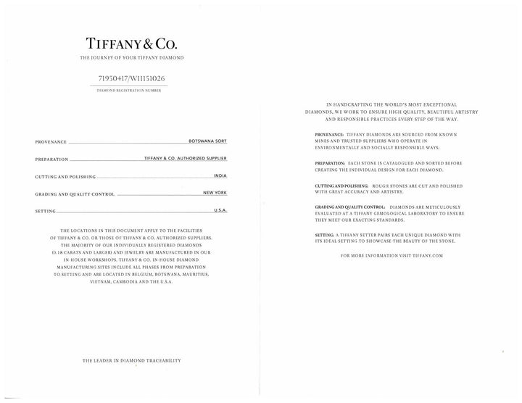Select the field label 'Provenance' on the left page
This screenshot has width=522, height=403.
coord(51,142)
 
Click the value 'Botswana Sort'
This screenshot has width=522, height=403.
coord(207,140)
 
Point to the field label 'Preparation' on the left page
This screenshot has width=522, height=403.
coord(51,159)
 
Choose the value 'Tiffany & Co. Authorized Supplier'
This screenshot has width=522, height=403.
coord(186,157)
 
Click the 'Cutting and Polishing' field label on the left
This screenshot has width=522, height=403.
coord(65,177)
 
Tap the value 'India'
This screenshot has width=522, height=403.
coord(220,175)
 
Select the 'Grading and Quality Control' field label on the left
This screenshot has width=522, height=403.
coord(74,194)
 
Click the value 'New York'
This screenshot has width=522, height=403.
coord(215,193)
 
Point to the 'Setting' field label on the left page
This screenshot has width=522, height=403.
coord(45,211)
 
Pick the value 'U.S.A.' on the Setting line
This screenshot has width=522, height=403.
coord(220,209)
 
